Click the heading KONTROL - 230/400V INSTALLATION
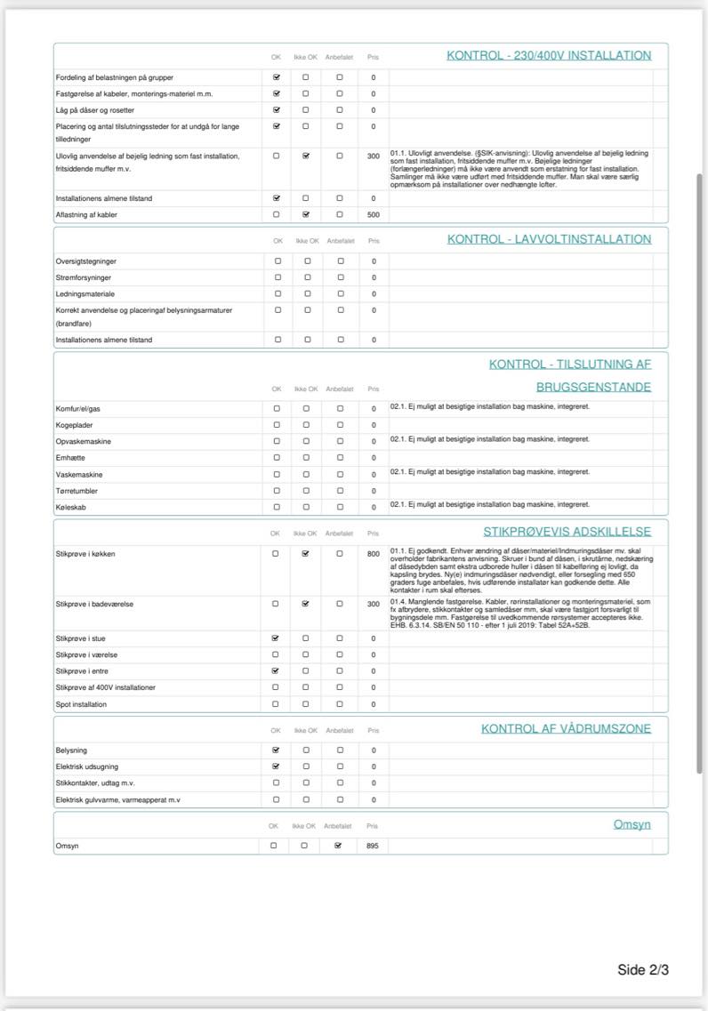[549, 55]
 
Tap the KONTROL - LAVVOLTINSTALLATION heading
[549, 239]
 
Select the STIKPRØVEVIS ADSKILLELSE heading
[567, 532]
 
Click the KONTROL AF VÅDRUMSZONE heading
[566, 728]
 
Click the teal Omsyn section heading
[632, 824]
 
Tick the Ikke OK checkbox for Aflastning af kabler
[306, 214]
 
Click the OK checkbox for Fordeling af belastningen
[276, 77]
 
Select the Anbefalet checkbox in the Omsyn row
[337, 846]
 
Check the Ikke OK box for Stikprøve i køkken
[306, 554]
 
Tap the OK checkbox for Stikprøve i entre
[276, 671]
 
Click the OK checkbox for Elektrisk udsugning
[276, 766]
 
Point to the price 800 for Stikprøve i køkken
[374, 554]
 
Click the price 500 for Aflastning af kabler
[374, 215]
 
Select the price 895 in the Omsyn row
[374, 846]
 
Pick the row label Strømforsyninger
[84, 277]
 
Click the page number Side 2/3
[642, 969]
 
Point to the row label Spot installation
[81, 704]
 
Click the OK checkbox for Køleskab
[276, 507]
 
